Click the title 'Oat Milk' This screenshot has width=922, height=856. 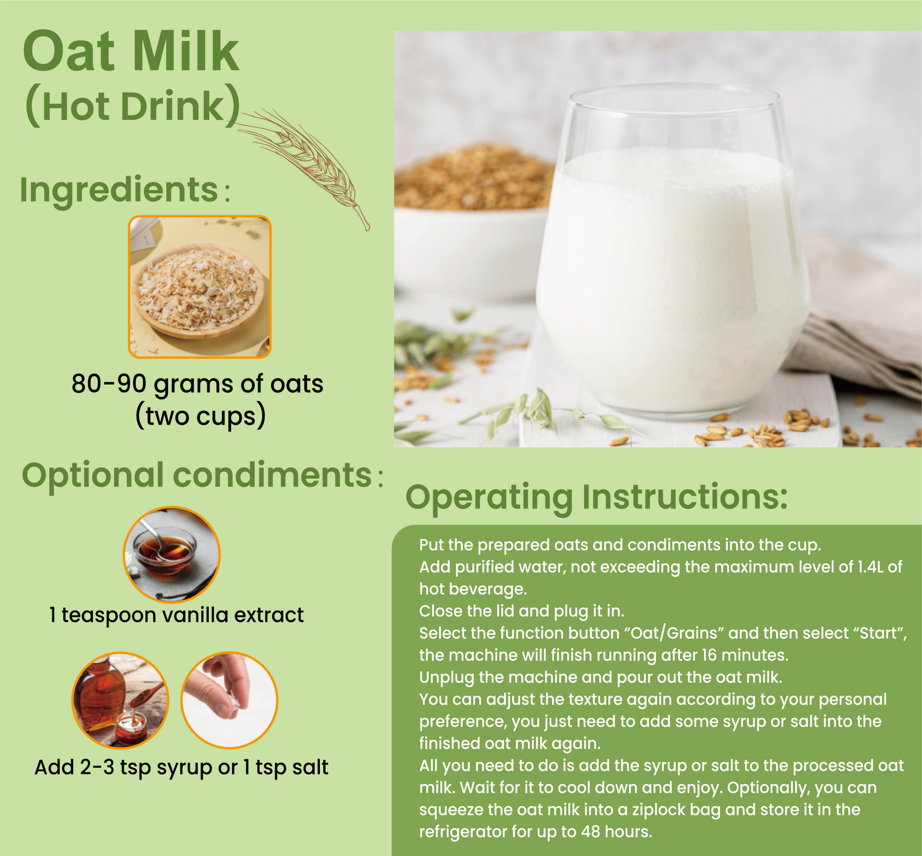point(131,52)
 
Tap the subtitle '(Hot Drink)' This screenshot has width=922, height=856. point(133,106)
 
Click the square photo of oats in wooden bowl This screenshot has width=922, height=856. point(199,287)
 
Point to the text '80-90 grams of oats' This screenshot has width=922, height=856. point(197,384)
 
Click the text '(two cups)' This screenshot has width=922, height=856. point(200,416)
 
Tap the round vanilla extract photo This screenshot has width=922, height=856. point(172,554)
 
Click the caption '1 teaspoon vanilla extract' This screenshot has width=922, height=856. point(176,615)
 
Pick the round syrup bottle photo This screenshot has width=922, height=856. point(120,700)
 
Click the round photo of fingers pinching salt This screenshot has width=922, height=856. point(229,700)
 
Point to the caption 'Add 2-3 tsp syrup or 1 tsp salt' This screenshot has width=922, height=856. point(182,767)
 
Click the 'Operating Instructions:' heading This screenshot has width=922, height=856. point(596,498)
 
